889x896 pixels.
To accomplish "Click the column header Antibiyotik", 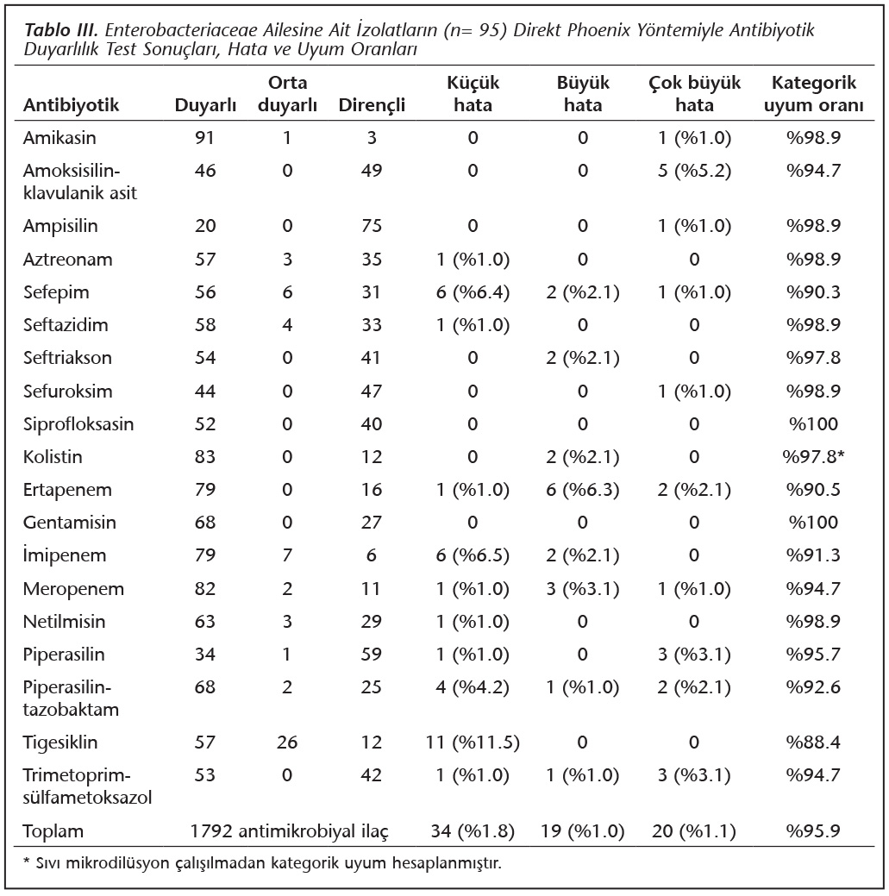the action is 71,105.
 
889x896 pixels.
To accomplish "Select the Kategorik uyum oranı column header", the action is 814,94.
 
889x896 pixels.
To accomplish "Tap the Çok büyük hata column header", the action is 694,94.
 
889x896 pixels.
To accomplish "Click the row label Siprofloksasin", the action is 78,424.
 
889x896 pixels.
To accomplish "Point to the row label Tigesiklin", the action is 60,742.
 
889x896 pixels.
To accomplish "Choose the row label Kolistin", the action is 53,456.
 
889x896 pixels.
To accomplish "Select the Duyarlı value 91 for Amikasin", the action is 204,138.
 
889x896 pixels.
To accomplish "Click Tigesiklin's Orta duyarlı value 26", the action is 287,742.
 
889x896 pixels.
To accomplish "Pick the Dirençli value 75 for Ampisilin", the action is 372,226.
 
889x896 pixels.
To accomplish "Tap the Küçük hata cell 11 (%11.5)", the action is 473,742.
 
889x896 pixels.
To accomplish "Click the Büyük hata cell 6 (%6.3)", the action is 583,490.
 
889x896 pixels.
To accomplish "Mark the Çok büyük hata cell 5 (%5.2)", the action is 694,170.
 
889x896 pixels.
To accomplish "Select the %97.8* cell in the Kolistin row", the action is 814,456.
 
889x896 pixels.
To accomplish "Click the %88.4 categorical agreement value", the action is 814,742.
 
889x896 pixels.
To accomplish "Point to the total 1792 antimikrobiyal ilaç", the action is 289,830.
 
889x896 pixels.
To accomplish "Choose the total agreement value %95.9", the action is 814,830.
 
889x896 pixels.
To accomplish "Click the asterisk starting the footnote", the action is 26,862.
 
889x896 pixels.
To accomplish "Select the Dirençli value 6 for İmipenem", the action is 372,555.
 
